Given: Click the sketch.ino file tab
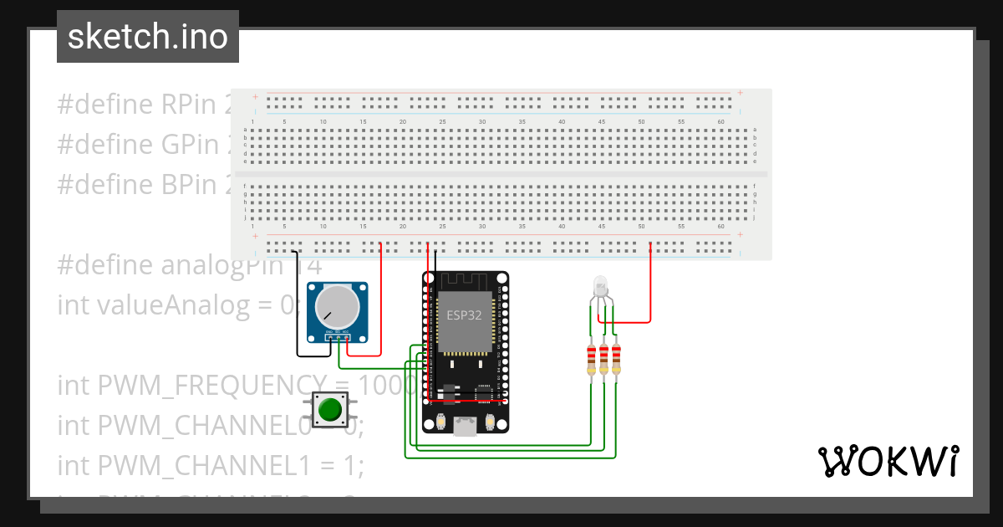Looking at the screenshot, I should point(148,37).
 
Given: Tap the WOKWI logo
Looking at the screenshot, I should point(887,462).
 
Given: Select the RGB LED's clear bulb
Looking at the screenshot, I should point(601,287).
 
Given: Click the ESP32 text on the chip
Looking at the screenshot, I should point(463,315).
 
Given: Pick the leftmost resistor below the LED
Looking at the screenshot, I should point(593,359).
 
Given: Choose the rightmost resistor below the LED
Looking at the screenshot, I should point(617,359).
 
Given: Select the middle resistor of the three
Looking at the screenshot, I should point(604,359).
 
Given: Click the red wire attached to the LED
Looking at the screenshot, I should point(650,284).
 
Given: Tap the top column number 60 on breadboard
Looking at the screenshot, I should point(720,122).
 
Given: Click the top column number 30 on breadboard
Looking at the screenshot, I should point(482,122).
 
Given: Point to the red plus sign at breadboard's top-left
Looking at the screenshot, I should point(255,97).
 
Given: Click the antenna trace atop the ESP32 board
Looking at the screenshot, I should point(463,280).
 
